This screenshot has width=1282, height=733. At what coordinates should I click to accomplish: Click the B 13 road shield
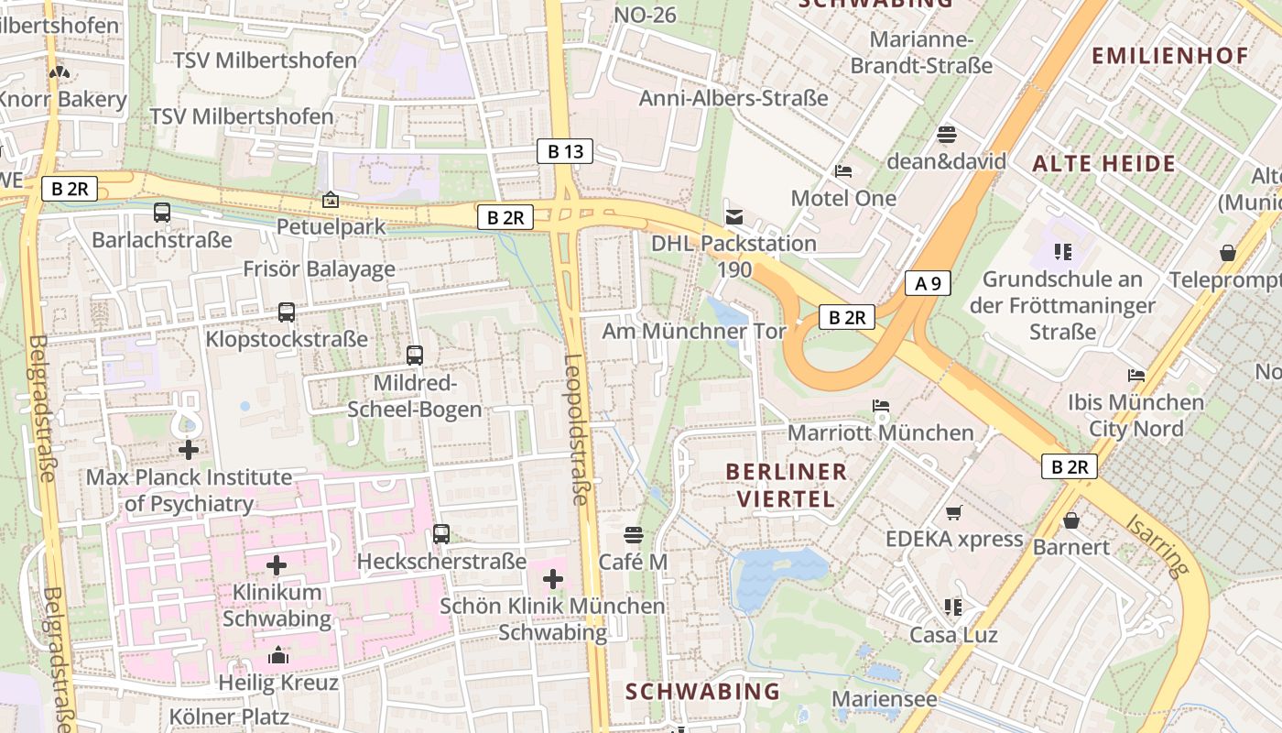pos(565,151)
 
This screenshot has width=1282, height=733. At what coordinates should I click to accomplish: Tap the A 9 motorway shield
pos(928,283)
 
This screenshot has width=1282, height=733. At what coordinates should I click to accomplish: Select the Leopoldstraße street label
pos(576,429)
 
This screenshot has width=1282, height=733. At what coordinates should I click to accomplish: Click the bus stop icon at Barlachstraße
pos(162,213)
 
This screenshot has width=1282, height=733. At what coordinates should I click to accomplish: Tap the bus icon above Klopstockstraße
pos(287,312)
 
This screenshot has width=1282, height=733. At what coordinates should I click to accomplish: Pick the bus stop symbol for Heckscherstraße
pos(441,534)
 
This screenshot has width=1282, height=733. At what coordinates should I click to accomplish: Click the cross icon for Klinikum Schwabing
pos(277,565)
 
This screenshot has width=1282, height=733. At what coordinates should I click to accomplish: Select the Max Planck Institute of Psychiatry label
pos(189,490)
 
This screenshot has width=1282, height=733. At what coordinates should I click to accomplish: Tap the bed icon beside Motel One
pos(843,171)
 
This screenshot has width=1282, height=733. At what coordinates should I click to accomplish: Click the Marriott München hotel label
pos(880,432)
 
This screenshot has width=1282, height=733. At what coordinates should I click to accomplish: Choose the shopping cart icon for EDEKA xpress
pos(954,512)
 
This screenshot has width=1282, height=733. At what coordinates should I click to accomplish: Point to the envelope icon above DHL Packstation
pos(733,217)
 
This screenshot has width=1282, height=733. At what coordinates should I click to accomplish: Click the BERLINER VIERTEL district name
pos(786,485)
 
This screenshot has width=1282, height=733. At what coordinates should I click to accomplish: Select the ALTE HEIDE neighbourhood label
pos(1103,164)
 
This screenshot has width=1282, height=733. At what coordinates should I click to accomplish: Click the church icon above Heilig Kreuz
pos(278,655)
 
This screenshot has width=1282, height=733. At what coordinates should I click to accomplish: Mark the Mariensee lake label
pos(885,699)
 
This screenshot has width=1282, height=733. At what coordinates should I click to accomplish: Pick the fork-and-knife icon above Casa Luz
pos(953,607)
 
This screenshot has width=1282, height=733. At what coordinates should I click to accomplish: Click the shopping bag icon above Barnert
pos(1071,520)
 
